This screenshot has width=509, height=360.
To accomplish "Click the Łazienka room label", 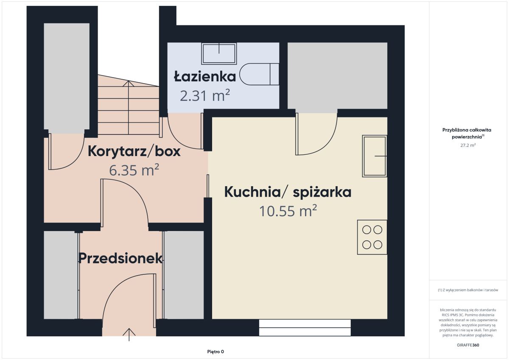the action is (205, 76).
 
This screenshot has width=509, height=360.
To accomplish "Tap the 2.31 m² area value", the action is (205, 96).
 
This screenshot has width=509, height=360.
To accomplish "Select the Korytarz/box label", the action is (134, 151).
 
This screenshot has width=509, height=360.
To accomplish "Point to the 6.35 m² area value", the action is (134, 170).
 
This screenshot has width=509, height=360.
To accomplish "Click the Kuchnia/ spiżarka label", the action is (288, 192).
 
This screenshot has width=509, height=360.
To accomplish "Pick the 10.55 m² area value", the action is (288, 211).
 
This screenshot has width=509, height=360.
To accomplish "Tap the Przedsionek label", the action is (120, 258).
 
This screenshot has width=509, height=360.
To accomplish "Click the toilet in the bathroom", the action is (259, 74).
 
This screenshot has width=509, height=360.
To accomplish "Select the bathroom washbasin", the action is (219, 53).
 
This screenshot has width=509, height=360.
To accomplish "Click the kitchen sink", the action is (375, 156).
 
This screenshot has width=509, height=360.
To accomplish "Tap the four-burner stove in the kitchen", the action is (372, 237).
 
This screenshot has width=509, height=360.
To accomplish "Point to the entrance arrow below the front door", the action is (129, 335).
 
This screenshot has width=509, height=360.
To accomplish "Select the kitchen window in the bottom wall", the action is (305, 327).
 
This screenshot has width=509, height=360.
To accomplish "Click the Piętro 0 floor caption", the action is (215, 352).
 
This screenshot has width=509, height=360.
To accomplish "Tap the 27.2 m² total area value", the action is (468, 145).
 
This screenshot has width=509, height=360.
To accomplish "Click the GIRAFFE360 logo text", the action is (468, 345).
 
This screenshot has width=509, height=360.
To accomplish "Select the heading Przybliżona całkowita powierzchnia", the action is (467, 133).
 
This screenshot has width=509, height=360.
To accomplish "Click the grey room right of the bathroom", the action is (338, 75).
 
